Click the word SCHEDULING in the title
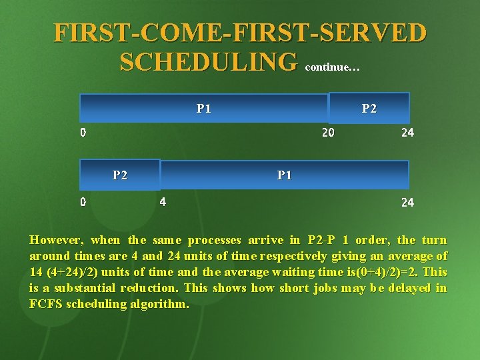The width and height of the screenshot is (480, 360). (x=208, y=62)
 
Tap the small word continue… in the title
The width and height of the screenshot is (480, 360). (x=333, y=67)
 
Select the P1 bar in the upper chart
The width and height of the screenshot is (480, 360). (x=203, y=108)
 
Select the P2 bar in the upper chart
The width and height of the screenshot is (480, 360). (x=369, y=108)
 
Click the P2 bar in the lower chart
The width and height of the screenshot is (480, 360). (x=120, y=175)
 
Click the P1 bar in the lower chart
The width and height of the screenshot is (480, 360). (x=285, y=175)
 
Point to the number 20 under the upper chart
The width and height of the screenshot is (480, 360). (x=328, y=133)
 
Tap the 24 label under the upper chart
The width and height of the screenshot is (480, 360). (x=407, y=133)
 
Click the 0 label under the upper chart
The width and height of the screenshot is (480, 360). (x=83, y=133)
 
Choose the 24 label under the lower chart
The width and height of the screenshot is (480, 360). (x=407, y=202)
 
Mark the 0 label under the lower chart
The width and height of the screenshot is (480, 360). (x=83, y=201)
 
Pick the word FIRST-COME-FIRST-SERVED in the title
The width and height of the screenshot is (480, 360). (x=240, y=33)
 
